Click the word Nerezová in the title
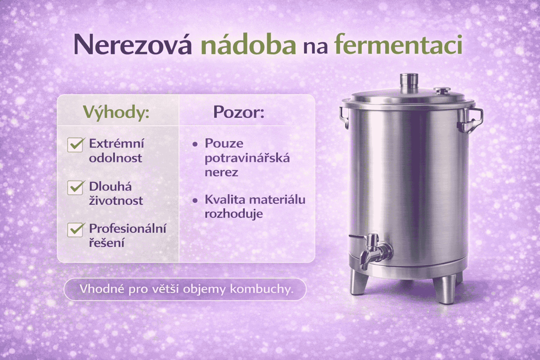tap(132, 45)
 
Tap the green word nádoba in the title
tap(248, 45)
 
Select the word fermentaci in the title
tap(398, 45)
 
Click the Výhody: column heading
tap(116, 112)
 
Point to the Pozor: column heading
tap(239, 112)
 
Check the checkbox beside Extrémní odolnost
tap(75, 145)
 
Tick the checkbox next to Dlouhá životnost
tap(75, 187)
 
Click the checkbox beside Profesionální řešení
tap(75, 230)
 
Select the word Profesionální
tap(127, 229)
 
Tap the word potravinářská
tap(247, 158)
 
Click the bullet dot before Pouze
tap(195, 144)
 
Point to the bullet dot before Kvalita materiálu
tap(195, 200)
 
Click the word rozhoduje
tap(234, 214)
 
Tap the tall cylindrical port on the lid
tap(409, 82)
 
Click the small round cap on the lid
tap(442, 91)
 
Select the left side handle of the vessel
tap(344, 117)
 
